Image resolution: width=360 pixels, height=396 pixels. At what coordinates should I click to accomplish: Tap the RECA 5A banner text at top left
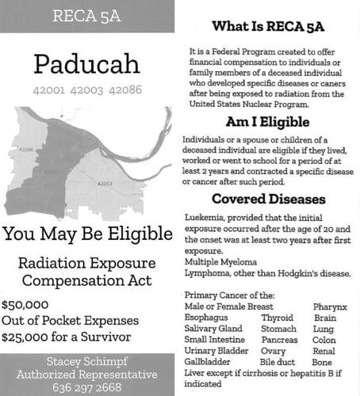86,16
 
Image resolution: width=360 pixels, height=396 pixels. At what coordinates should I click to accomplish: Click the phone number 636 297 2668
86,387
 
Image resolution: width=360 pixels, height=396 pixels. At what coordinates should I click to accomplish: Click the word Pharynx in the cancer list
329,307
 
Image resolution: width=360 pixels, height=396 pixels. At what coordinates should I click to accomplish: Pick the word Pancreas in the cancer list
281,341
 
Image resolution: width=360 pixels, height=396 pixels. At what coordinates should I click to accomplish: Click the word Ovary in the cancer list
274,352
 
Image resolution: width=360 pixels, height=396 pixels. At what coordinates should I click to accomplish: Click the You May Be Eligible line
86,234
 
